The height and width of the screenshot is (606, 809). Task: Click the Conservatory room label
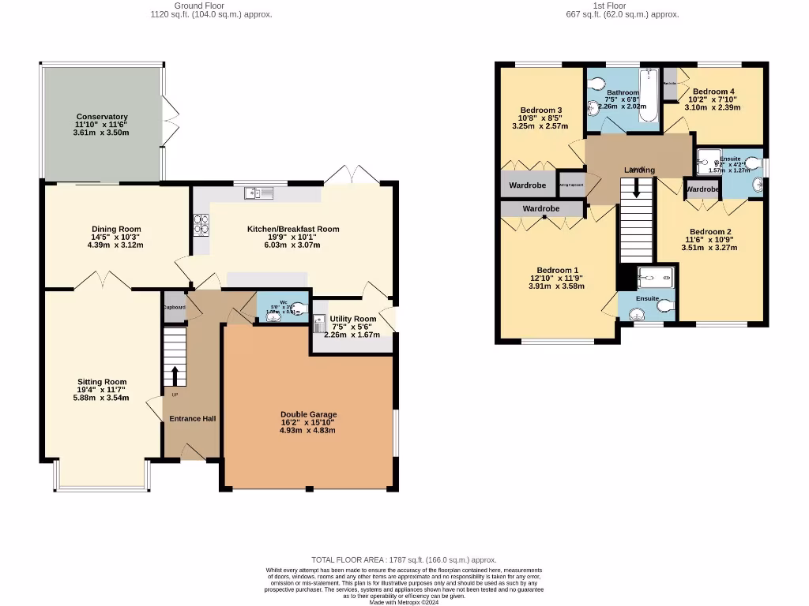(x=102, y=117)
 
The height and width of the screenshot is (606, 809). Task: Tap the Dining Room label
(x=116, y=230)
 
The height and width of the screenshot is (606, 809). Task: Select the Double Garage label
(x=308, y=414)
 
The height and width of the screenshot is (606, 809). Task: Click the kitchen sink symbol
(x=258, y=193)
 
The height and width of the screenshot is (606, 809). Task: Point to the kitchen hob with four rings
(x=200, y=225)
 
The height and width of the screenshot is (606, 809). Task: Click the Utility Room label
(x=353, y=319)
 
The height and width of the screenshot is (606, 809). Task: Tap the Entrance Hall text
(x=192, y=418)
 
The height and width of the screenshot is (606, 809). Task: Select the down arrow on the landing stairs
(x=636, y=192)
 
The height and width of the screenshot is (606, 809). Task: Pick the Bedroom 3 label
(x=541, y=110)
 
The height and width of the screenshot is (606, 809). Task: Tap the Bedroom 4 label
(x=713, y=92)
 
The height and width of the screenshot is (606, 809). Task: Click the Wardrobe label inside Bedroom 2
(x=702, y=189)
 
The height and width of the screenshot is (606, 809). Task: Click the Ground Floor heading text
(x=187, y=6)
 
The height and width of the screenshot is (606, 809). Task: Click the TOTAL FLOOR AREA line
(x=404, y=559)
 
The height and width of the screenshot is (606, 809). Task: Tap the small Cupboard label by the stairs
(x=174, y=307)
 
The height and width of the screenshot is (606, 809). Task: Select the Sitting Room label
(x=102, y=382)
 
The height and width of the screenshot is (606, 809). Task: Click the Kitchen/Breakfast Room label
(x=293, y=229)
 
